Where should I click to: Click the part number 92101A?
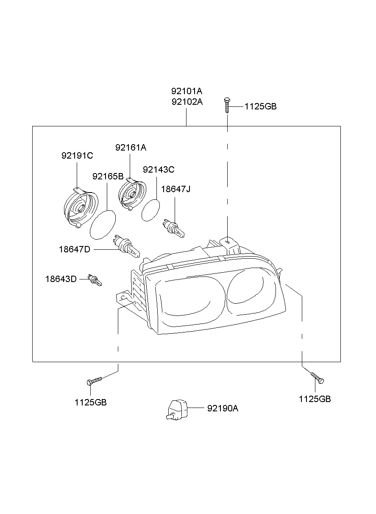coord(187,91)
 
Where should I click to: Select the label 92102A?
coord(187,102)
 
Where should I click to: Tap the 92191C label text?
coord(77,156)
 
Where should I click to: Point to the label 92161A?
coord(131,148)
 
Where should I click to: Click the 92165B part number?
coord(108,176)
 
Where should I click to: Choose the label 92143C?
coord(159,170)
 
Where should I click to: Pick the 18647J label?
coord(175,189)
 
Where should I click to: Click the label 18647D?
coord(75,249)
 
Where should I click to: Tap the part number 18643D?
coord(61,279)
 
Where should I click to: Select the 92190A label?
coord(223,408)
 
